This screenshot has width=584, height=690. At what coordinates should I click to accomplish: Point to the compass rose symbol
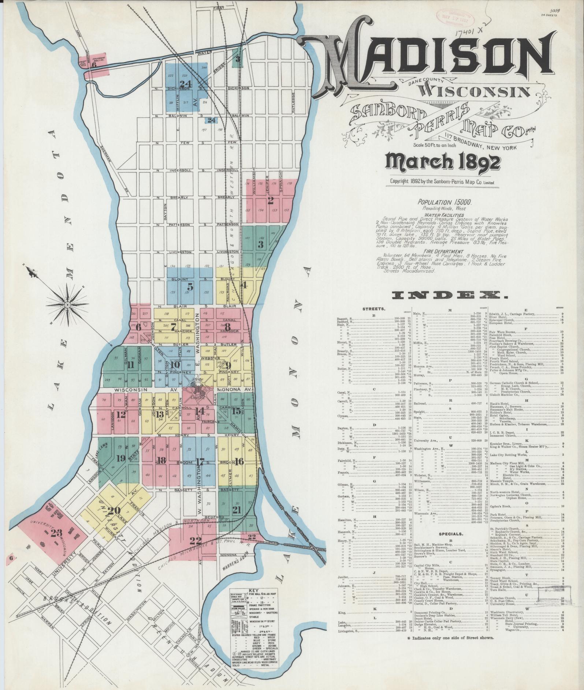click(67, 304)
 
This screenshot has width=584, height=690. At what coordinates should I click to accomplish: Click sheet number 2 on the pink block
click(271, 200)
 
